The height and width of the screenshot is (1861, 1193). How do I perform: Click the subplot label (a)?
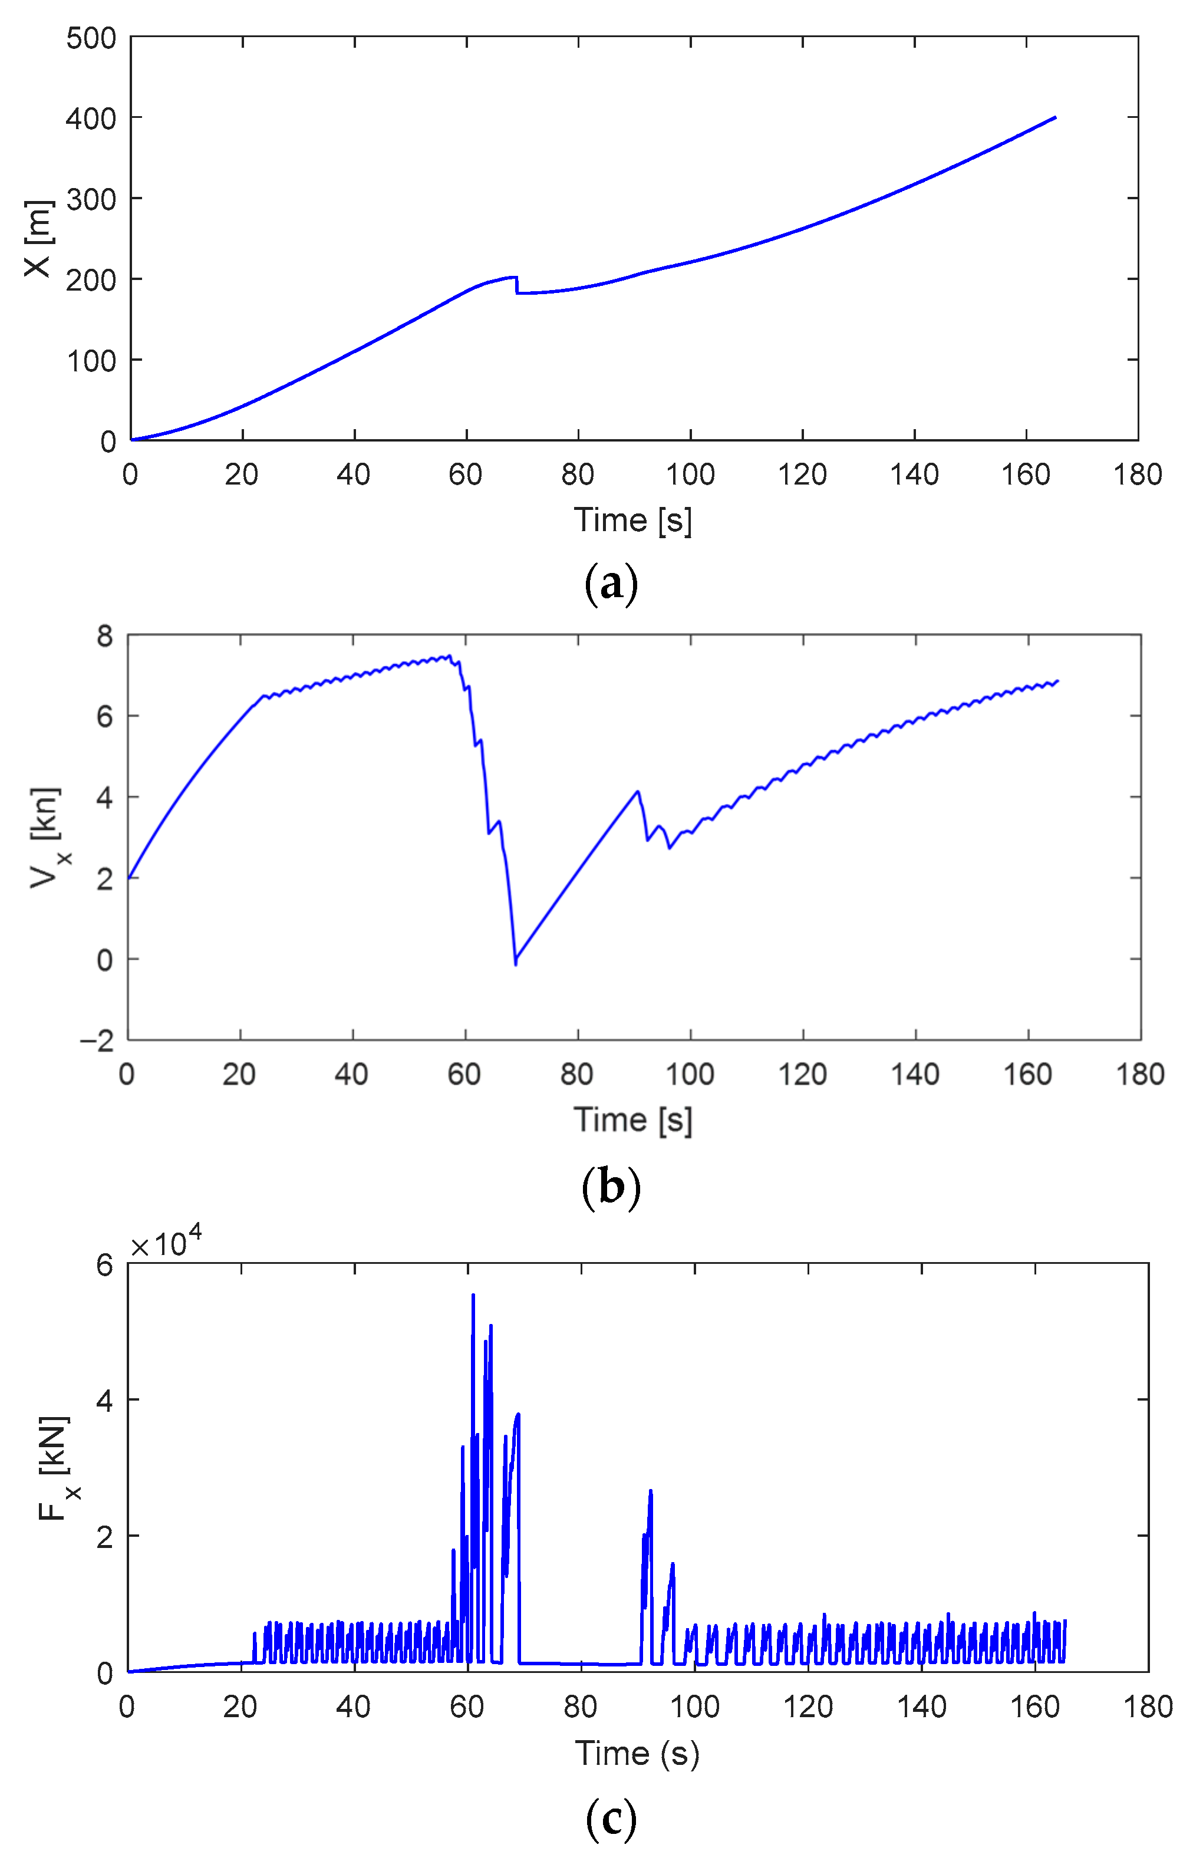coord(611,584)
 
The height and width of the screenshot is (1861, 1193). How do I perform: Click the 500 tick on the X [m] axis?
coord(91,38)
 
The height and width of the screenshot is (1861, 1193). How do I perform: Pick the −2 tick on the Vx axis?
coord(97,1041)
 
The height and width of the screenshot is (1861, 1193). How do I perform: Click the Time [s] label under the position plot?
coord(632,520)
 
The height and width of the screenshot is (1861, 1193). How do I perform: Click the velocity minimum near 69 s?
coord(515,963)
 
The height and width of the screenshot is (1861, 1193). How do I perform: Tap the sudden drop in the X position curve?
coord(517,285)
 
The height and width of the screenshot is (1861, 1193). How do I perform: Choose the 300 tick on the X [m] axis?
coord(91,200)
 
